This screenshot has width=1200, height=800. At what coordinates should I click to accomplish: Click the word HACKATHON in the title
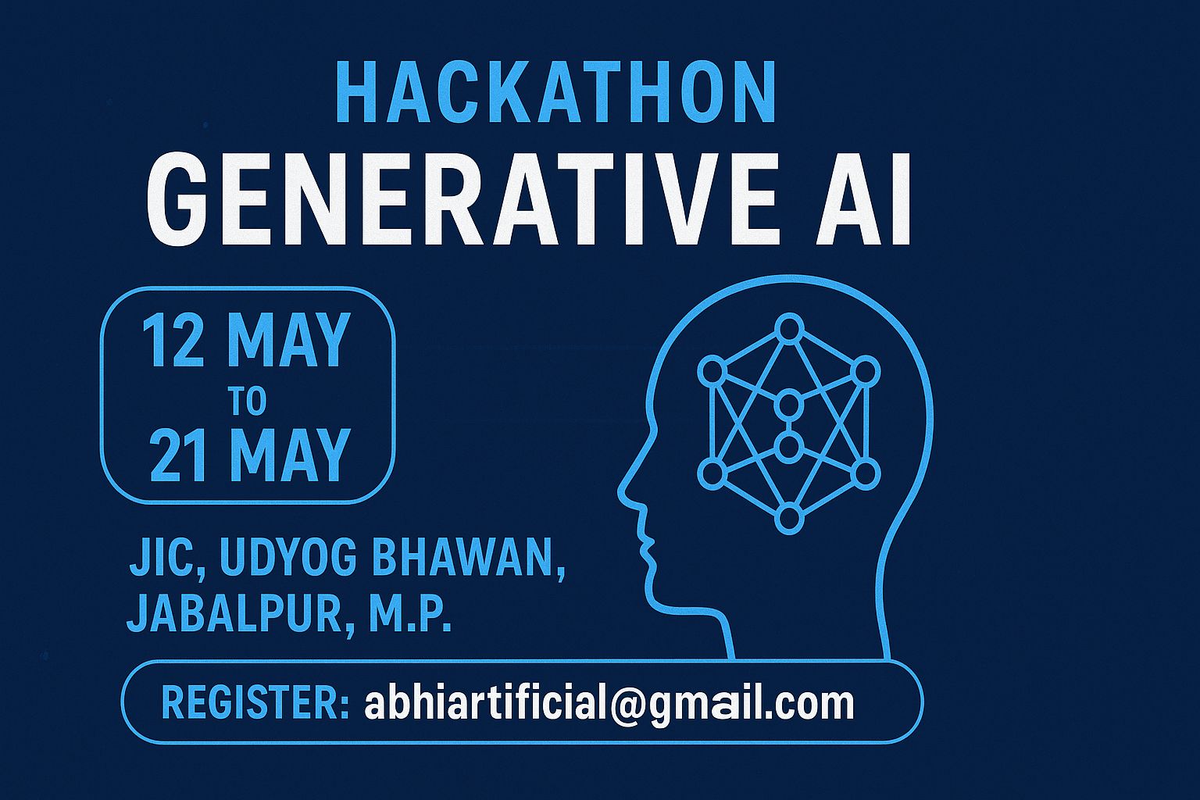click(x=555, y=93)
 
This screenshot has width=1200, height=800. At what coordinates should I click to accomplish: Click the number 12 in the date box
click(x=173, y=341)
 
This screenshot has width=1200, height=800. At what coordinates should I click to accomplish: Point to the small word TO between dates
click(x=248, y=402)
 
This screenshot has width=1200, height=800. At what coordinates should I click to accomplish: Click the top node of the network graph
click(x=790, y=327)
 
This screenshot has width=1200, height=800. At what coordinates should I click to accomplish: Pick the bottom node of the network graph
click(x=790, y=518)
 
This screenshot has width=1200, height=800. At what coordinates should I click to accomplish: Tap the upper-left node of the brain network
click(x=712, y=371)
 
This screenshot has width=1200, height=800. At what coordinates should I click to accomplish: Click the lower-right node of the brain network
click(x=866, y=473)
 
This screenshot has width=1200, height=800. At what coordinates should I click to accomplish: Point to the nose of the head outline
click(x=622, y=493)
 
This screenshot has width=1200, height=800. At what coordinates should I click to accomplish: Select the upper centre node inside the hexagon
click(x=790, y=405)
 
